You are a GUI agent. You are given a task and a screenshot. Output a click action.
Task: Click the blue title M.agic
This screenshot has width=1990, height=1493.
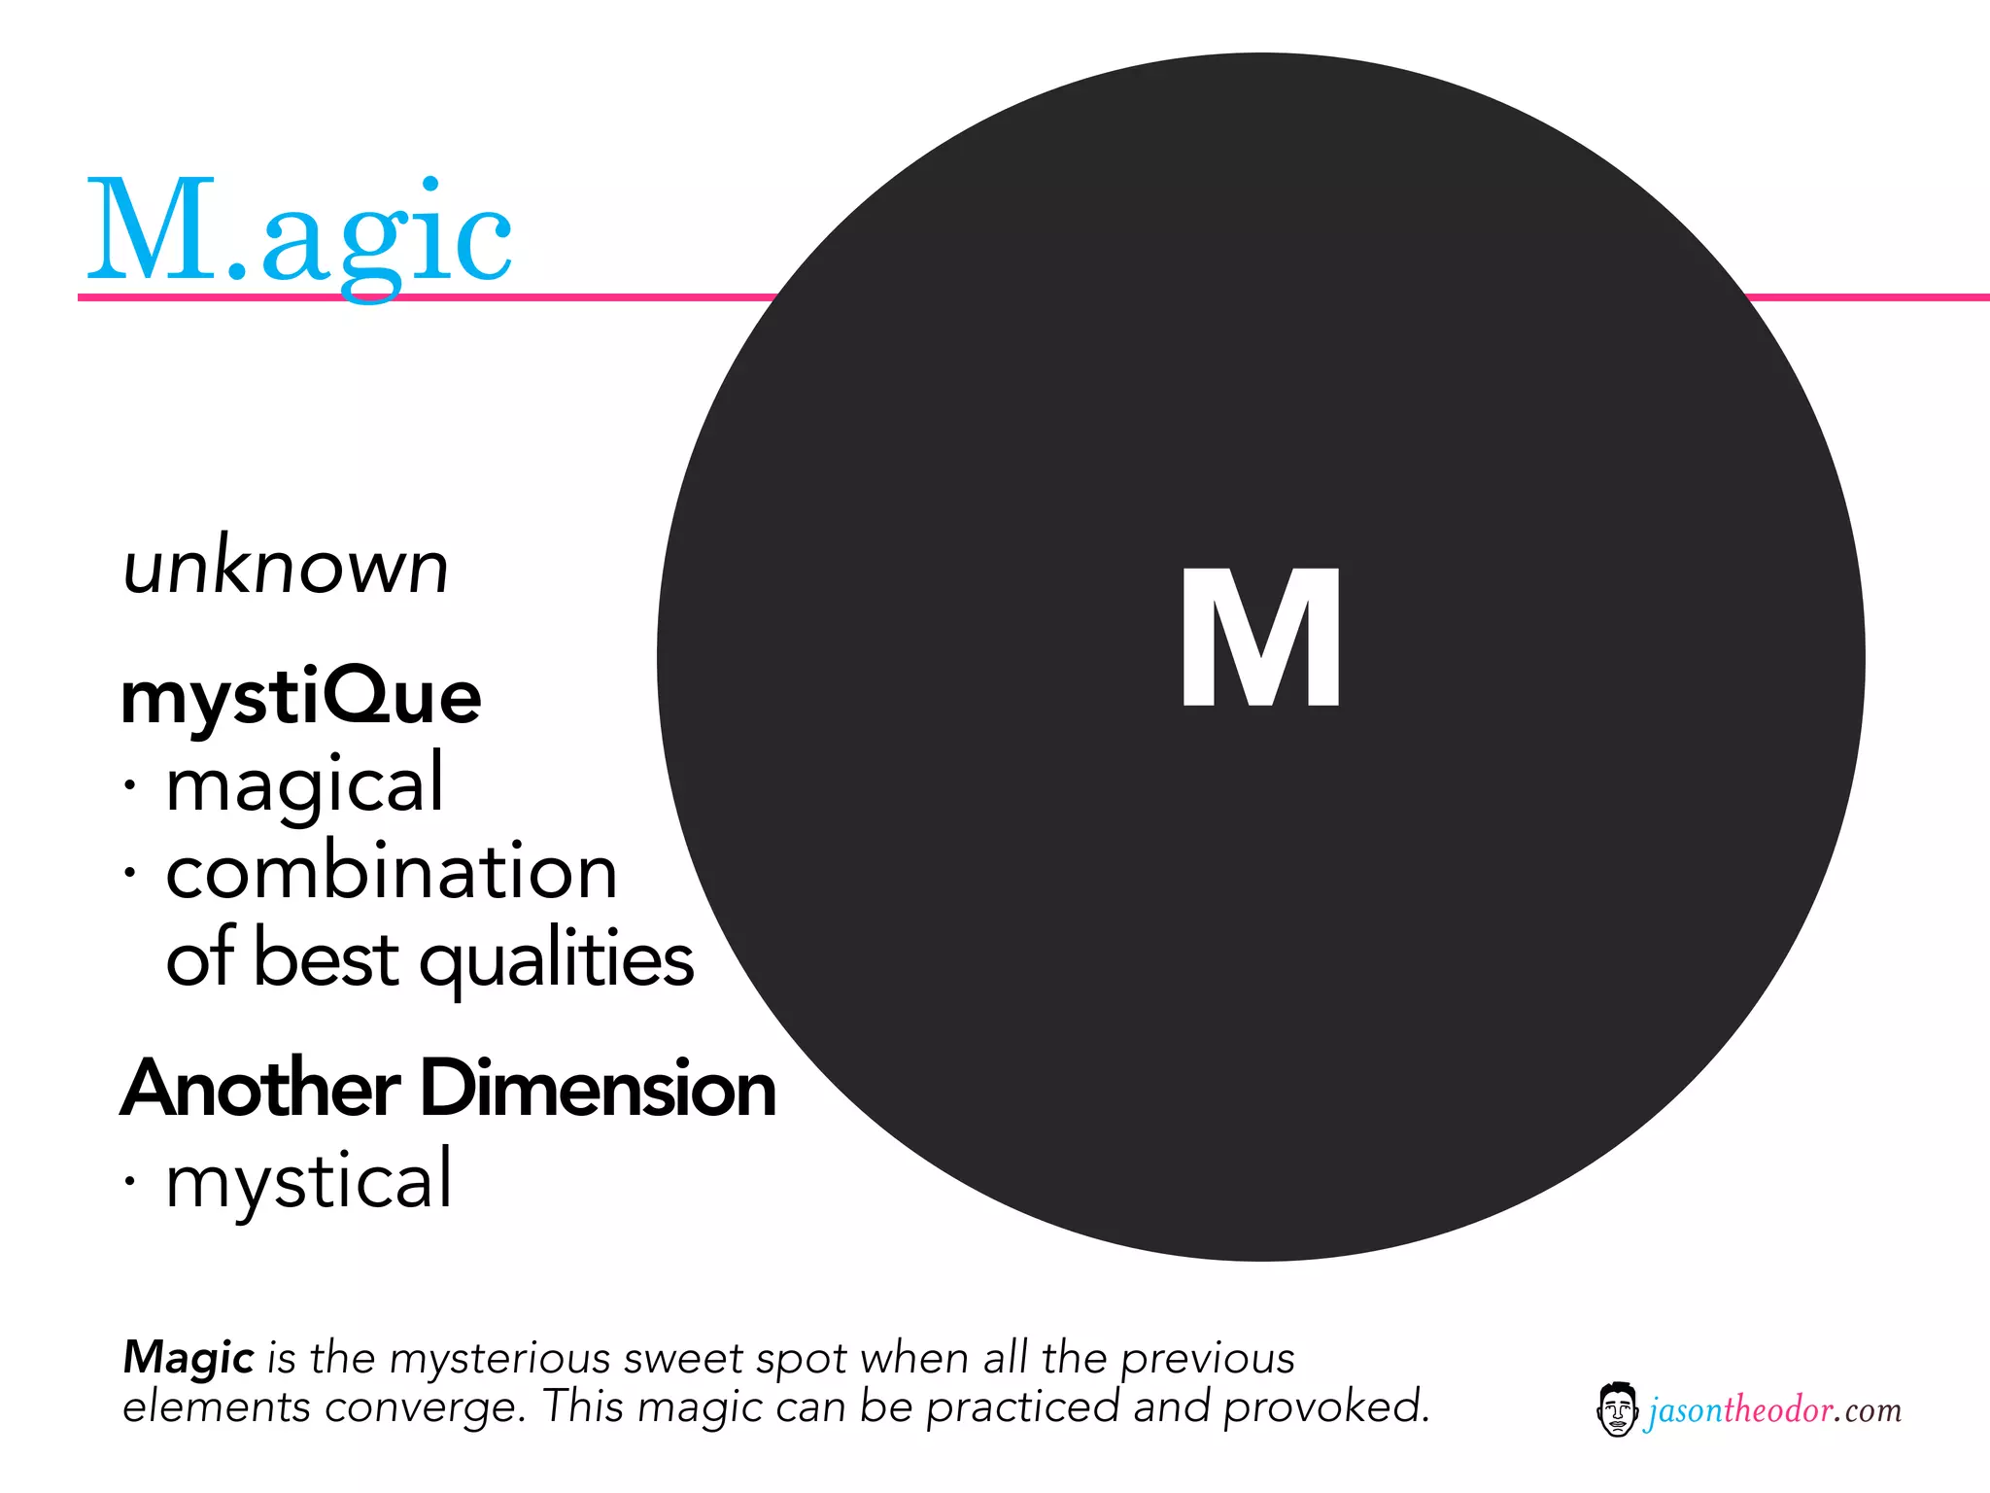(299, 233)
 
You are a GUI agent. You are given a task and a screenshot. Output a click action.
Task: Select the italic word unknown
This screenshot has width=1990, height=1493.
(286, 568)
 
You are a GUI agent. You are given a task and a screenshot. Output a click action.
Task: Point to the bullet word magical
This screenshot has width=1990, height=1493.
(305, 785)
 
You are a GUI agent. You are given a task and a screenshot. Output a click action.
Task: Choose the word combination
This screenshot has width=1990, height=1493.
(392, 872)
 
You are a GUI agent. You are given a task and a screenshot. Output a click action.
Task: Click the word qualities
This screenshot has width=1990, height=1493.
(556, 960)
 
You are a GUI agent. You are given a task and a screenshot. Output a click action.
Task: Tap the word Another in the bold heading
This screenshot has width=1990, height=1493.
(260, 1089)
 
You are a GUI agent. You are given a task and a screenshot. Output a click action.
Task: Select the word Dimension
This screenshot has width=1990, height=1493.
(599, 1089)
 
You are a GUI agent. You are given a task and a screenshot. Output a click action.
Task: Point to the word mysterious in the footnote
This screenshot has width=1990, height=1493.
(499, 1359)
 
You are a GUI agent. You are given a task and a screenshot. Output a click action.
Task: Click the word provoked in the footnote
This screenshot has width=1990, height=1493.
(1325, 1407)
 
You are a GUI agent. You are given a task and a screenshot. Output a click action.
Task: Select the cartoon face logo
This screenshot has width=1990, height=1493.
(1617, 1409)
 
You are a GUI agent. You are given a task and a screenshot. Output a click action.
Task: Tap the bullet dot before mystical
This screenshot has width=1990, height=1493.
(129, 1180)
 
